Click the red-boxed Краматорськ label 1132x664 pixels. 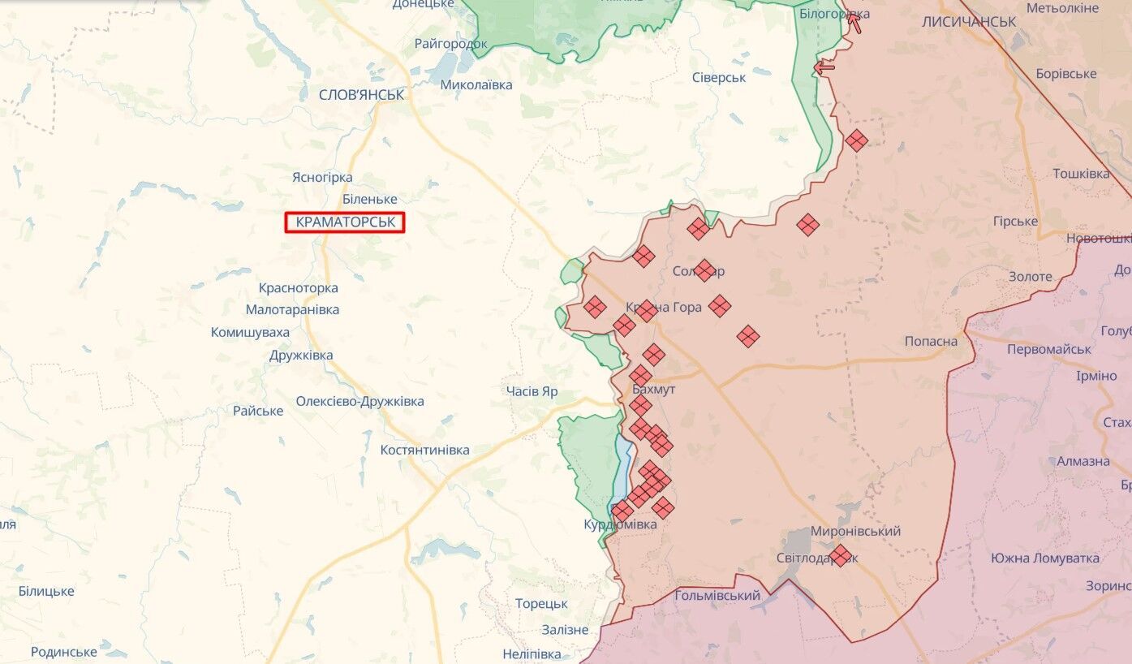pos(344,222)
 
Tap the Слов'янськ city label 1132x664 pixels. pos(361,95)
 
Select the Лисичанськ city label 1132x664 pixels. pos(969,22)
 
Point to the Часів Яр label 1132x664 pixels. pos(532,391)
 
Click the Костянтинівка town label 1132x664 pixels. pos(424,450)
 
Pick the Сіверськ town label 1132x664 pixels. pos(718,77)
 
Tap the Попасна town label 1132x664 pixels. pos(931,341)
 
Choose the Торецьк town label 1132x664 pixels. pos(541,604)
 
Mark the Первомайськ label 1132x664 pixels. pos(1048,349)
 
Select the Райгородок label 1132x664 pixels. pos(451,44)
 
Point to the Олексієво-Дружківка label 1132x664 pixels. pos(359,401)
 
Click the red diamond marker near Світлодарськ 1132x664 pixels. pos(841,555)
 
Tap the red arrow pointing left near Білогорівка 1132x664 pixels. pos(824,68)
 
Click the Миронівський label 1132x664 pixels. pos(855,531)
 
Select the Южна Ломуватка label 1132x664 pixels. pos(1044,558)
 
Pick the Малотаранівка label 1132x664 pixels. pos(292,309)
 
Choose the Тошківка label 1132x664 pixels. pos(1081,174)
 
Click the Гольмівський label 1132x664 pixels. pos(717,596)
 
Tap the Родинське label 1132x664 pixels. pos(63,651)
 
